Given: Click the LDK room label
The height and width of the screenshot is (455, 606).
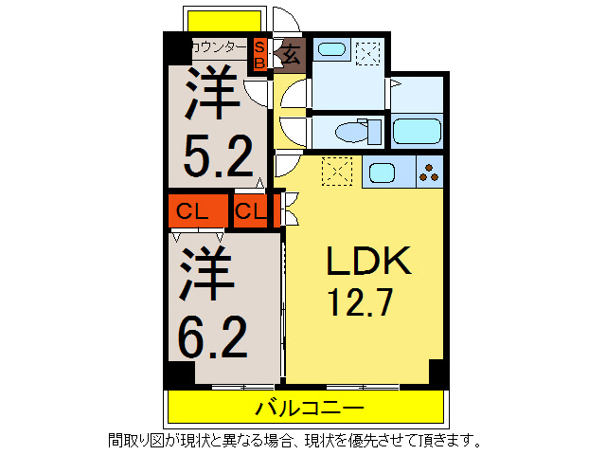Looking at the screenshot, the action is point(368,261).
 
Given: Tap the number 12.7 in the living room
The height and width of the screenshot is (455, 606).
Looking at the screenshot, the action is point(360,302).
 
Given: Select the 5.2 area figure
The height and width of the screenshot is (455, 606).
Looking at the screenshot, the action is point(218,155).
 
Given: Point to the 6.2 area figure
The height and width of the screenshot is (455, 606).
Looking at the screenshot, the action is point(212,337).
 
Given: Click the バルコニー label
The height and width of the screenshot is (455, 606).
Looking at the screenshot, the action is point(310,408).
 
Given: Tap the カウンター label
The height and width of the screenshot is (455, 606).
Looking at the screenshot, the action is point(219,47).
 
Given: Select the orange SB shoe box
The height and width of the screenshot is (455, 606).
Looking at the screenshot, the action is point(259,55).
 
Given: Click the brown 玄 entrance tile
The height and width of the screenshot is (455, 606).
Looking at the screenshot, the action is point(291,55).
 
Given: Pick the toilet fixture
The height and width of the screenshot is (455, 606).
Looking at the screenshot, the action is point(358,132).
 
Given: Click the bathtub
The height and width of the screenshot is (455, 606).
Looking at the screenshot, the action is point(417,132).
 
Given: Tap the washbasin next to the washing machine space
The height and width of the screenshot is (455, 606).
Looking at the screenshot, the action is point(331,49).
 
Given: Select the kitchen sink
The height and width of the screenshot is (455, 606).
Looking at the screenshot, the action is point(382,173).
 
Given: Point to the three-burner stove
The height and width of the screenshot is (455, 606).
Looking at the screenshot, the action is point(429,173).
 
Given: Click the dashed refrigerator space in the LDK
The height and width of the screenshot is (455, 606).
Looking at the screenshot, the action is point(337,172).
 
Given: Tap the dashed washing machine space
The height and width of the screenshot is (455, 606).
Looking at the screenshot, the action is point(368,53).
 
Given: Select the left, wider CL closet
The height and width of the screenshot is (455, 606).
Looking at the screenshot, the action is point(198,210).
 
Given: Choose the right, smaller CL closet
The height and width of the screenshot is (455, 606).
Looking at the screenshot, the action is point(250,210).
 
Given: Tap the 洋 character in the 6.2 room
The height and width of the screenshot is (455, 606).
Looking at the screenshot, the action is point(207,273).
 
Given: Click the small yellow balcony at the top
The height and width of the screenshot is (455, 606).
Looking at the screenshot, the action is point(224,21).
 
